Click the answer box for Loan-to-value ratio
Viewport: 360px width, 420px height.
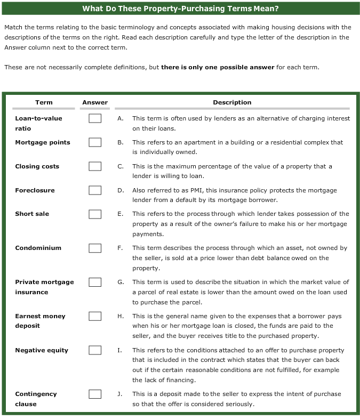point(95,118)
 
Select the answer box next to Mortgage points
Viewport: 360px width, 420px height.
point(95,142)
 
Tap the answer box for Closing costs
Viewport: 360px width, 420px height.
point(95,166)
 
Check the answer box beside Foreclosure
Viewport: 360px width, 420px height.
point(95,190)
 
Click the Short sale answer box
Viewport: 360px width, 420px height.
point(95,214)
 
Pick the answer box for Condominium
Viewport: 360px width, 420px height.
point(95,248)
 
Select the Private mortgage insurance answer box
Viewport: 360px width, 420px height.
point(95,282)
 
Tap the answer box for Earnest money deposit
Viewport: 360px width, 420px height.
point(95,316)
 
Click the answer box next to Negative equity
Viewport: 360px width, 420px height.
point(95,350)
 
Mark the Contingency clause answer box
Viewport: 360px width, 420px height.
point(95,394)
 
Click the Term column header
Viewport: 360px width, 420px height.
point(44,102)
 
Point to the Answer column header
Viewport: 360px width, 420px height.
point(95,102)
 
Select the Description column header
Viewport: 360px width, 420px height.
point(232,102)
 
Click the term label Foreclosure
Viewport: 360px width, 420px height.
point(35,190)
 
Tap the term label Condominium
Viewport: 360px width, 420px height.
point(38,248)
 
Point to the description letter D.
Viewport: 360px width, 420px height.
point(121,190)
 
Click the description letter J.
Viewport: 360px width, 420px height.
point(121,394)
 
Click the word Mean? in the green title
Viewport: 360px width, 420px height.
point(266,9)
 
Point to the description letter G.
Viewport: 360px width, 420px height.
point(121,282)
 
